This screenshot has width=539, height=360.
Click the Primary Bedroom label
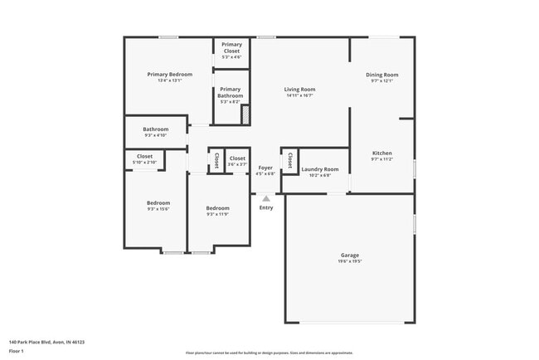point(164,75)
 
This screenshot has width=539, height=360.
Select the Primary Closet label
point(231,47)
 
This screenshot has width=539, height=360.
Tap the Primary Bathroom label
point(230,92)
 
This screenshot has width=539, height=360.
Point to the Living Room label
point(299,90)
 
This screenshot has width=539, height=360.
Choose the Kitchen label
point(381,153)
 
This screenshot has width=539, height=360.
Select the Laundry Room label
point(319,169)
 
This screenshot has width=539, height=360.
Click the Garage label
point(350,255)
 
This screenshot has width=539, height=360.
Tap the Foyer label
point(265,168)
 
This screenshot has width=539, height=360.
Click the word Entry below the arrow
point(265,207)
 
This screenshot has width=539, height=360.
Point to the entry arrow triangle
point(265,198)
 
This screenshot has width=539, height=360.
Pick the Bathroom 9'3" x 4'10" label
point(155,129)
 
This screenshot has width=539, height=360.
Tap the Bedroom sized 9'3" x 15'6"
point(158,203)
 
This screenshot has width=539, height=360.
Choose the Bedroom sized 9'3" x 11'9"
point(217,208)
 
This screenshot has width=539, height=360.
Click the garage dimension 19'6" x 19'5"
point(350,261)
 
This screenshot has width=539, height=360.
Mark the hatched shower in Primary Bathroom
point(245,114)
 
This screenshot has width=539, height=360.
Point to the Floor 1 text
point(17,352)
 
